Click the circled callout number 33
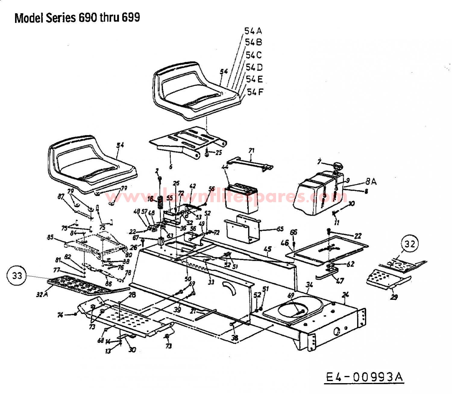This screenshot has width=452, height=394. pos(17,275)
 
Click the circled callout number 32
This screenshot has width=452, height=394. pos(410,244)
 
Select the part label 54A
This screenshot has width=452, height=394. pos(253,31)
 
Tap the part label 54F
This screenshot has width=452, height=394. pos(255,92)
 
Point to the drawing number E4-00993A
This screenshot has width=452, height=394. pos(364,377)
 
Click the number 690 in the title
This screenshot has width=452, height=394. pos(88,18)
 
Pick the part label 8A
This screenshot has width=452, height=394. pos(371,182)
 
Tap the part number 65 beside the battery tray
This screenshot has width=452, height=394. pos(280,229)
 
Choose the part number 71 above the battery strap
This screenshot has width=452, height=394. pos(251,150)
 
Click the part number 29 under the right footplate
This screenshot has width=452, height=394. pos(394,297)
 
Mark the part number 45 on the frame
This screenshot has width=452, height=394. pos(267,249)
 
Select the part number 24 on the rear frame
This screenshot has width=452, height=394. pos(346,295)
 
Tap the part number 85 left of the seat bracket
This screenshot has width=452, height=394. pos(50,237)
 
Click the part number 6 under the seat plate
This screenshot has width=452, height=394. pos(171,167)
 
